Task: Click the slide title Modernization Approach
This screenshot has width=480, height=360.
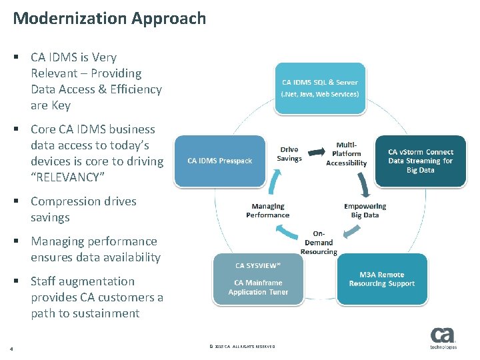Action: (109, 18)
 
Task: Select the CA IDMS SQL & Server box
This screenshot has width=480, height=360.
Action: (320, 88)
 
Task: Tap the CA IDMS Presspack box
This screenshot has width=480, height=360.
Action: (219, 161)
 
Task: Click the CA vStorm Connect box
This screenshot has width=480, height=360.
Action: (420, 161)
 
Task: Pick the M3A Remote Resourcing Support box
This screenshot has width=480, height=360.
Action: (381, 279)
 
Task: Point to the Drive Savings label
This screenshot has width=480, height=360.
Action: (289, 154)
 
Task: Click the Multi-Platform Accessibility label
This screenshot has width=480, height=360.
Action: (346, 154)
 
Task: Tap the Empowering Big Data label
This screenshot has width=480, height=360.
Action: (365, 211)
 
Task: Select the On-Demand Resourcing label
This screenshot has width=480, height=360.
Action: (319, 243)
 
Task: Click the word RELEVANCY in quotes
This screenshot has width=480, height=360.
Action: (76, 177)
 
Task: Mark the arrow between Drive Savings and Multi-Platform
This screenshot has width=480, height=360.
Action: (317, 148)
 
